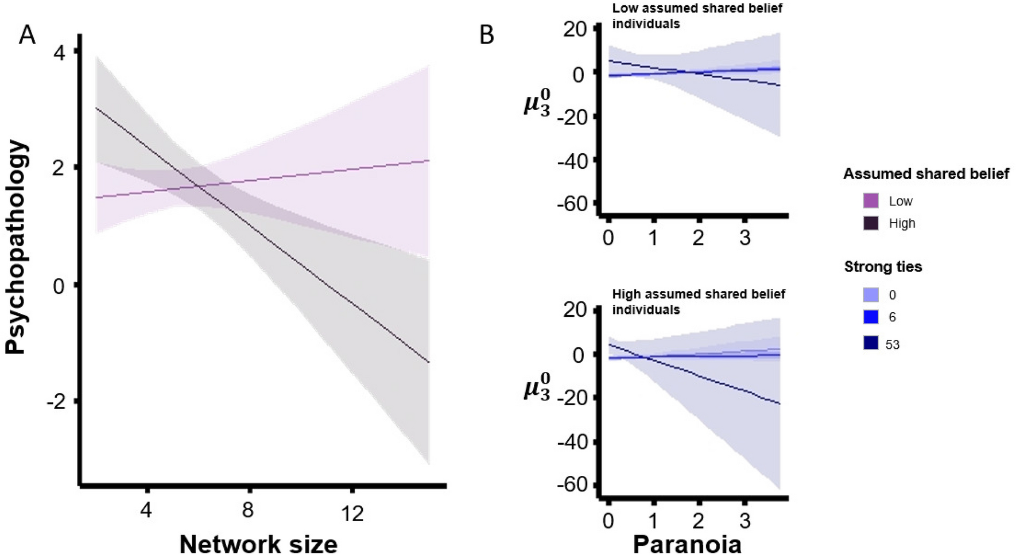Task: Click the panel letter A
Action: pos(27,35)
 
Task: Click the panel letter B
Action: pos(487,36)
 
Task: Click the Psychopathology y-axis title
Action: pos(17,247)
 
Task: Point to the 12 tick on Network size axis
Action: pos(352,512)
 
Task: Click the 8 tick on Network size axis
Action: pos(248,510)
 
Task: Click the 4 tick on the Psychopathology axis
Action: pos(59,52)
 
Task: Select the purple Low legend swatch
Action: pos(871,201)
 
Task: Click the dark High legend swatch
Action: pos(871,223)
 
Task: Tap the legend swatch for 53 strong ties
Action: pos(871,343)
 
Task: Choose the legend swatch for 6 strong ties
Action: pos(871,317)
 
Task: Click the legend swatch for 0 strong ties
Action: pos(871,295)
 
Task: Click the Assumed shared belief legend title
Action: pos(925,174)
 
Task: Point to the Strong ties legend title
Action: pos(883,266)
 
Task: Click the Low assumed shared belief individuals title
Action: pos(697,16)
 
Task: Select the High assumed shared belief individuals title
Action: pos(698,302)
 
